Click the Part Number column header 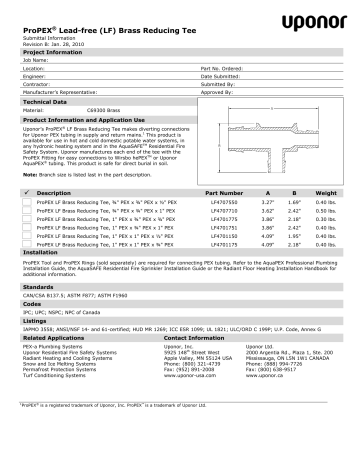coord(225,190)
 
